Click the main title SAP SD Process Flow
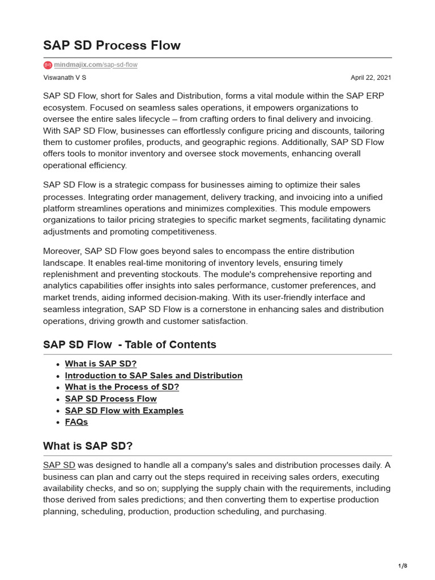tap(112, 45)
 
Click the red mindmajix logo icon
tap(48, 65)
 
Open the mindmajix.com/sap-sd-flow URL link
tap(96, 65)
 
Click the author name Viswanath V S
tap(65, 78)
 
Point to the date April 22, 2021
tap(370, 78)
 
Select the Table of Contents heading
tap(130, 344)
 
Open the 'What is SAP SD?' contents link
tap(101, 364)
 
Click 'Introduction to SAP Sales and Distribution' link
tap(153, 376)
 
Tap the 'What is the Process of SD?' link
tap(122, 387)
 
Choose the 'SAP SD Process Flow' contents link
tap(111, 399)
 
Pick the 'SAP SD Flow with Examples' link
tap(124, 411)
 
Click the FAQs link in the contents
tap(76, 422)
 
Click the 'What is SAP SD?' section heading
tap(88, 446)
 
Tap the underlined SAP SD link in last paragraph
tap(59, 465)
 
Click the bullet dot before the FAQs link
tap(59, 423)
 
